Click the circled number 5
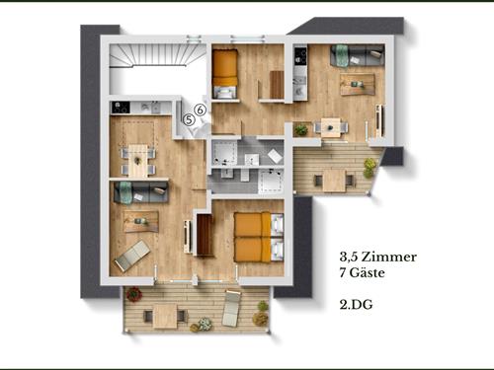(x=189, y=119)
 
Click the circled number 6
(x=201, y=110)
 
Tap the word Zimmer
(x=388, y=257)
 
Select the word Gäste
(x=367, y=272)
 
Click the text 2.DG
(x=356, y=305)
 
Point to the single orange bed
(x=224, y=74)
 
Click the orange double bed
(x=259, y=237)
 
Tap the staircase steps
(x=155, y=55)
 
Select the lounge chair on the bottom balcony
(x=231, y=308)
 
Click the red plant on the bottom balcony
(x=134, y=294)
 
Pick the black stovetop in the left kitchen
(x=121, y=108)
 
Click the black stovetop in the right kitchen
(x=300, y=56)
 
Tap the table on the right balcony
(x=334, y=181)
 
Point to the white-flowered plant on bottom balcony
(x=205, y=324)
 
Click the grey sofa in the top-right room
(x=358, y=55)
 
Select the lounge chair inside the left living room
(x=132, y=256)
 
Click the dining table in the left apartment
(x=138, y=161)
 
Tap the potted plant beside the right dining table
(x=301, y=130)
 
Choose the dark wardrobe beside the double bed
(x=205, y=235)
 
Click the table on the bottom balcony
(x=165, y=316)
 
